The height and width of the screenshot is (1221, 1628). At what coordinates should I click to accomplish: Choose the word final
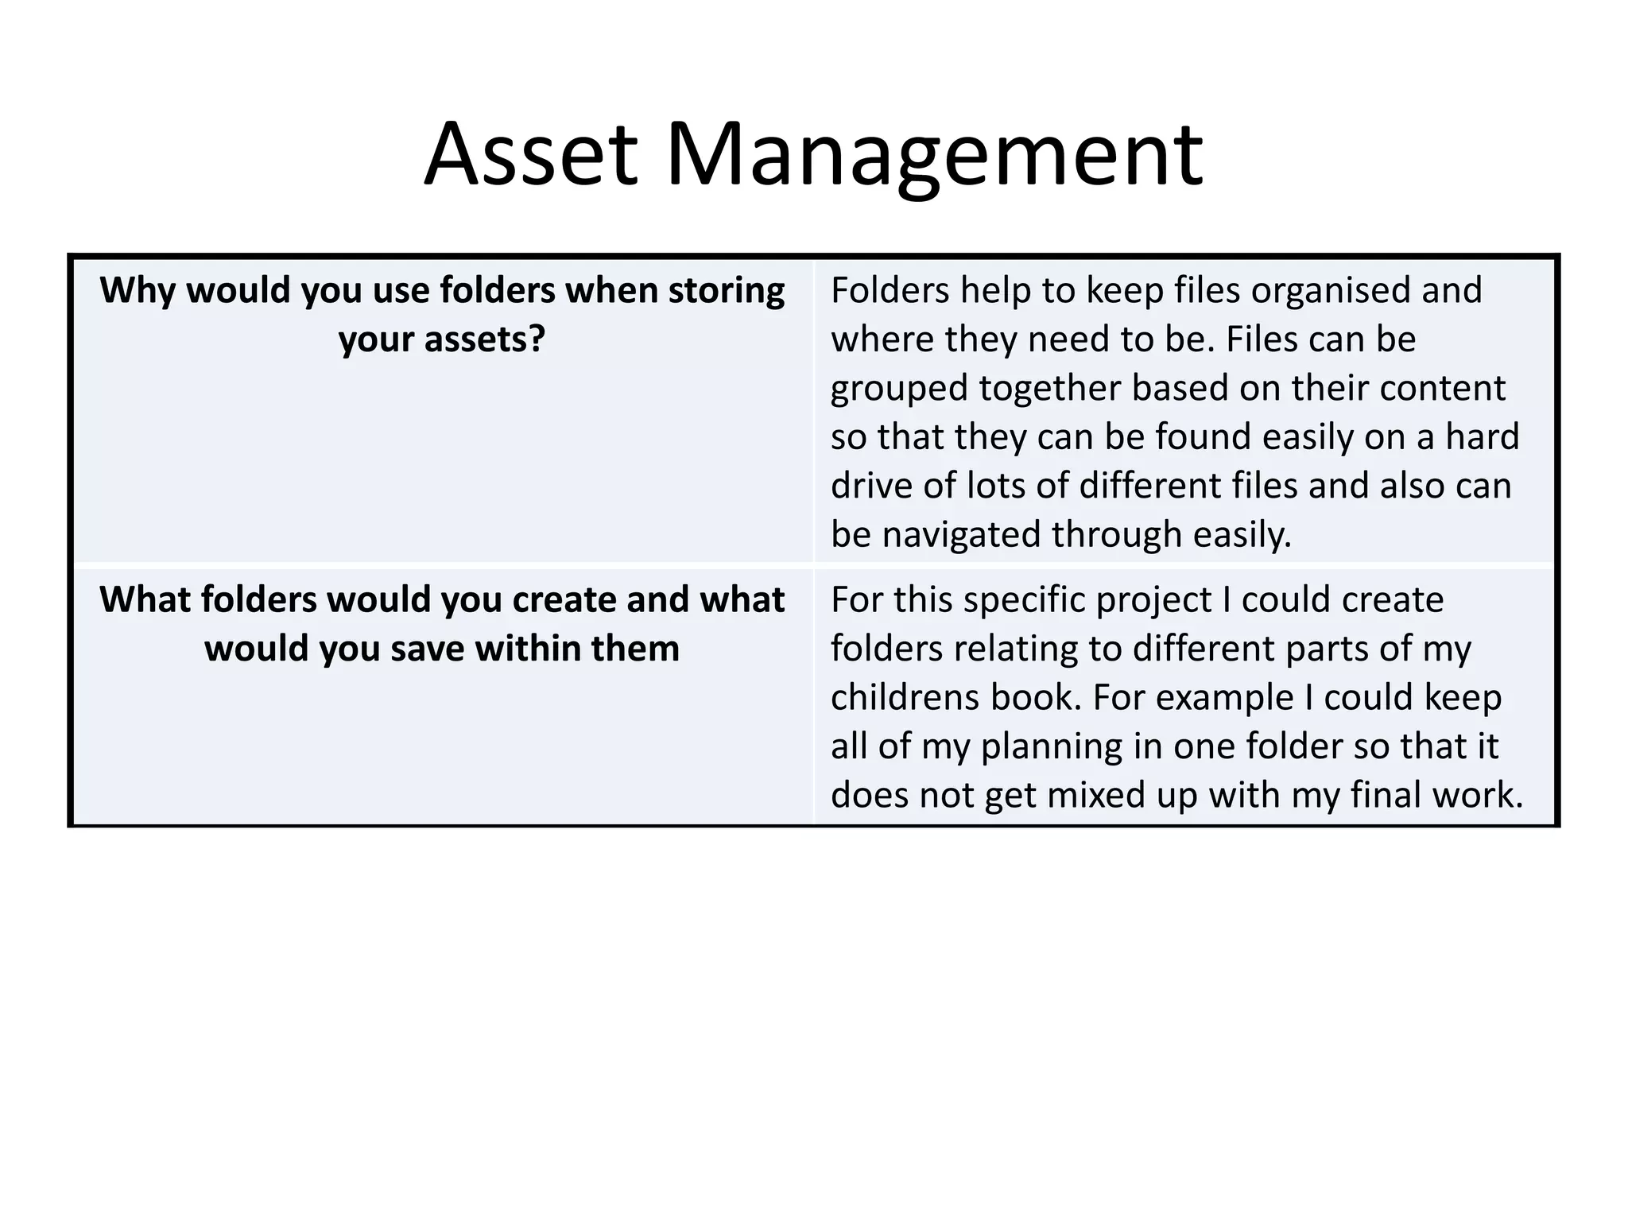[x=1385, y=796]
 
